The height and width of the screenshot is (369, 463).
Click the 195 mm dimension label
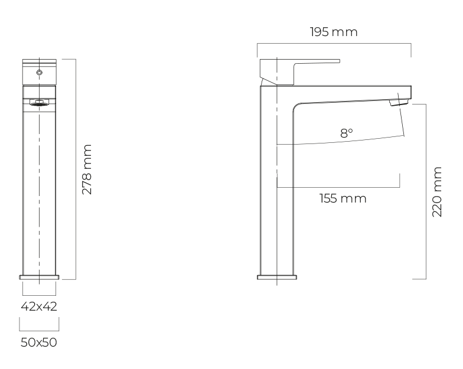point(334,32)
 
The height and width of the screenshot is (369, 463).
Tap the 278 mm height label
point(87,169)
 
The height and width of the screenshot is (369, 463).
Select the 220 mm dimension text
point(437,192)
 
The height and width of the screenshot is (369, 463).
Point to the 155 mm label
point(343,198)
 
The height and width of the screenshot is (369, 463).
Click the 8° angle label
point(346,133)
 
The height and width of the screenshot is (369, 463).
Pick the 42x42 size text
point(39,306)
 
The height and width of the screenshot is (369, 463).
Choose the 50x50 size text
point(39,342)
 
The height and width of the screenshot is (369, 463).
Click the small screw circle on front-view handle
point(39,72)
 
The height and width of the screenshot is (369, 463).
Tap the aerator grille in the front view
point(39,103)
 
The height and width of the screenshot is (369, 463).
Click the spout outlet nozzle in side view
point(399,103)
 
